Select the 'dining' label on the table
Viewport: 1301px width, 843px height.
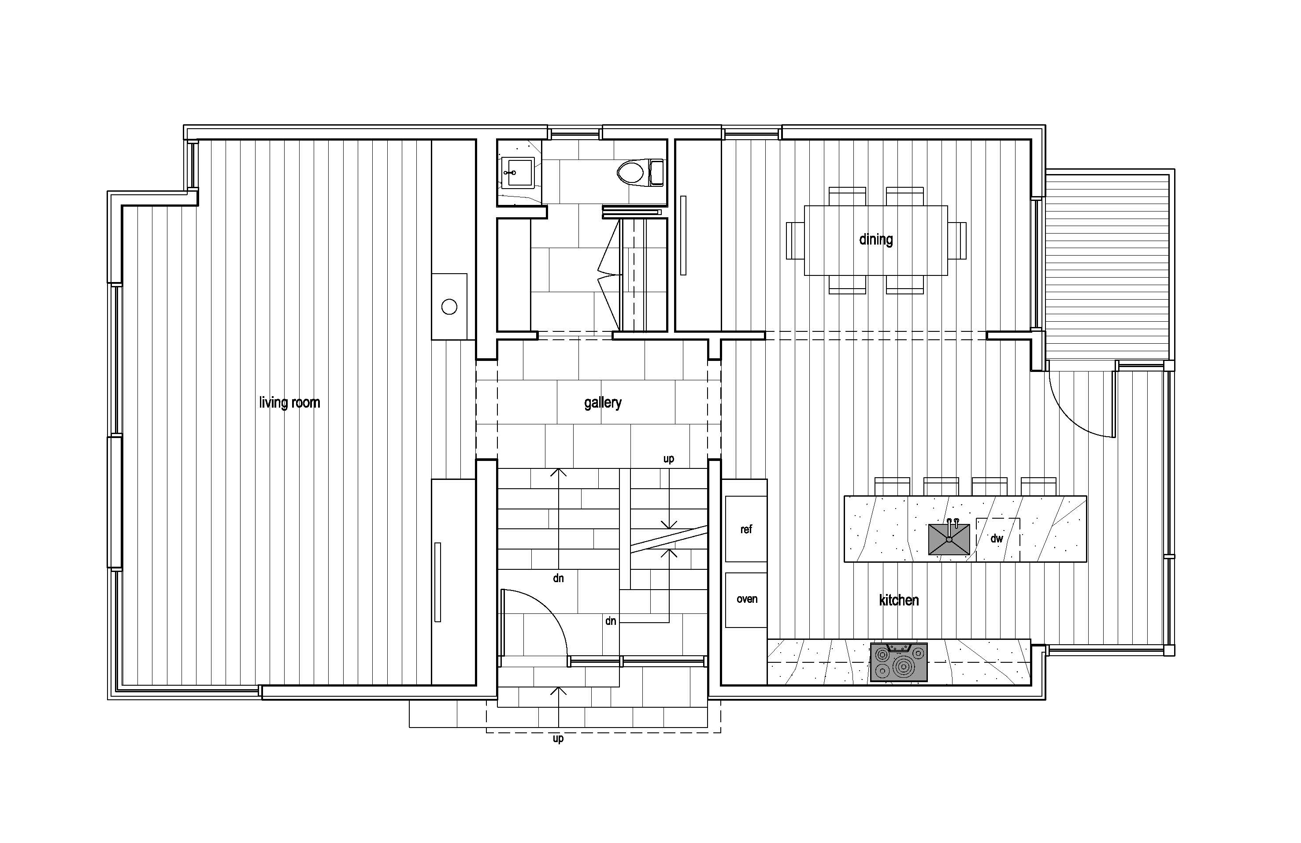click(876, 239)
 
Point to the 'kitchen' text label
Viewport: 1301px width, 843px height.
click(899, 600)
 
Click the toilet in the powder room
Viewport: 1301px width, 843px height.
click(641, 173)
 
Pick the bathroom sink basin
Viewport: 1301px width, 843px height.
click(517, 173)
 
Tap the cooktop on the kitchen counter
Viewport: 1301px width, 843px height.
click(899, 662)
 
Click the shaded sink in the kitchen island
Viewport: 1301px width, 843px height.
click(949, 539)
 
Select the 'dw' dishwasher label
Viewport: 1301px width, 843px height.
click(997, 538)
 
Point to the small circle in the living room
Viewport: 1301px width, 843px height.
click(449, 307)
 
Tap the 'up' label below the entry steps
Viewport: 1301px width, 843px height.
click(558, 739)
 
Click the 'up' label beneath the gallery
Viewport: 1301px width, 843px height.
click(668, 459)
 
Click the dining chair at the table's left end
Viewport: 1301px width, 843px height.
click(795, 241)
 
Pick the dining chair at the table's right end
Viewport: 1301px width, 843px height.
click(957, 241)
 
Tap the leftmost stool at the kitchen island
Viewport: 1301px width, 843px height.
click(892, 486)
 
